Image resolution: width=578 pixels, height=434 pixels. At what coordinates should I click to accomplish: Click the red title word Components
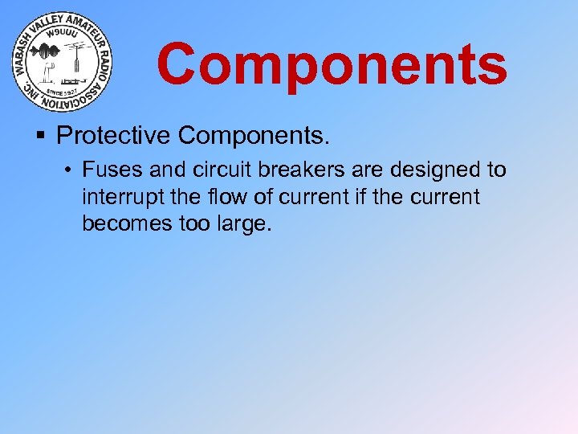click(x=332, y=65)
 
